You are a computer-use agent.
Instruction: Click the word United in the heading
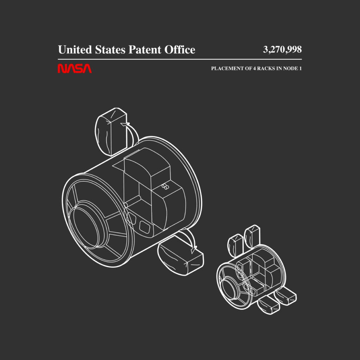[75, 50]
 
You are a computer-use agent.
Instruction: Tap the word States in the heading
[110, 50]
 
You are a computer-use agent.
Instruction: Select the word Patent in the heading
[144, 50]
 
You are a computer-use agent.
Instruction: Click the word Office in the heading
[180, 50]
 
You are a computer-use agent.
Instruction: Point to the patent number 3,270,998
[282, 50]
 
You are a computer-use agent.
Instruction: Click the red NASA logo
[75, 69]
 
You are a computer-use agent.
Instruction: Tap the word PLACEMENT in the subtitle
[228, 69]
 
